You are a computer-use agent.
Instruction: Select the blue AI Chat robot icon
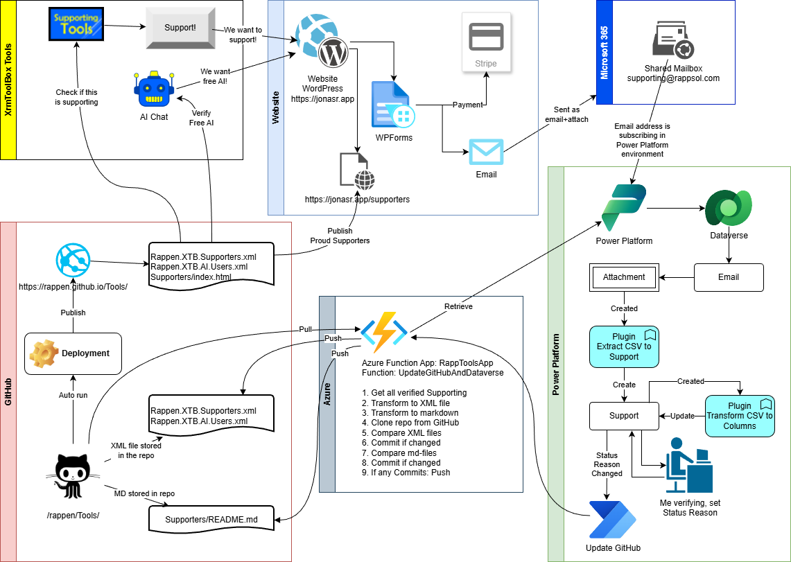(154, 91)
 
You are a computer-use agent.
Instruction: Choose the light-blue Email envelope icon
(486, 152)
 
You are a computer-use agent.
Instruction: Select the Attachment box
(624, 277)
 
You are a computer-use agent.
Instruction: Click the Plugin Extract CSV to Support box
(624, 346)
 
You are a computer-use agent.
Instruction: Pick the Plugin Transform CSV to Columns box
(740, 416)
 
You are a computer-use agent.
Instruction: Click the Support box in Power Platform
(624, 416)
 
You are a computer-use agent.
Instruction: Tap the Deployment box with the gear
(73, 353)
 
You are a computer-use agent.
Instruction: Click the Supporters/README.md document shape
(211, 518)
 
